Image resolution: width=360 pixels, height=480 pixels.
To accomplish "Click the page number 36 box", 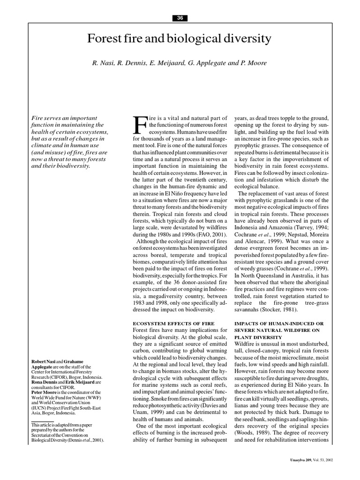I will [180, 18].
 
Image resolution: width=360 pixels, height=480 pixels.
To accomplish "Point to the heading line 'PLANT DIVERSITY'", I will [258, 337].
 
